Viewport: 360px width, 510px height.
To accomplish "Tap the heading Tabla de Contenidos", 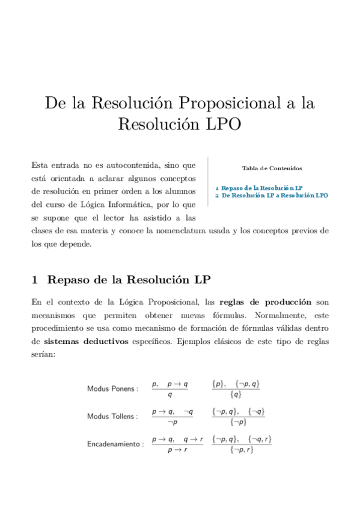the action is click(x=272, y=168).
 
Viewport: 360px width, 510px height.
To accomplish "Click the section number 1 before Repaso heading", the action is click(x=35, y=280).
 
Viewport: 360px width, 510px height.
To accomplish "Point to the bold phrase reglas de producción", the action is click(x=265, y=301).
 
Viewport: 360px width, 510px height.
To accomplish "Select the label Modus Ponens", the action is click(x=112, y=389).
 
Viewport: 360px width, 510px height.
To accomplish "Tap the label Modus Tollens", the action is click(x=112, y=416).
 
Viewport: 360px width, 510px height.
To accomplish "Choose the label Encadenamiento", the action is click(x=115, y=444).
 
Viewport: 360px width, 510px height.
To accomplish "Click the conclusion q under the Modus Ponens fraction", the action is click(x=170, y=395).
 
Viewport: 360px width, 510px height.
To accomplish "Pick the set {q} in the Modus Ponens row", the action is click(x=236, y=395).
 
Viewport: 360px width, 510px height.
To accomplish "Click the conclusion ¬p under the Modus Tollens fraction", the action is click(x=172, y=423).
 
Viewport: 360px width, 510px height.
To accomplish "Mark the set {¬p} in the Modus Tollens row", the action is click(x=239, y=423).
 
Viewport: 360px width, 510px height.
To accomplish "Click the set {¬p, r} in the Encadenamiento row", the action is click(x=242, y=450).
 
